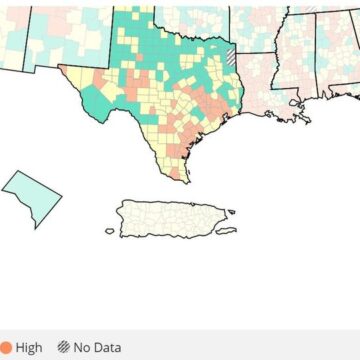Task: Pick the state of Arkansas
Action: click(x=260, y=30)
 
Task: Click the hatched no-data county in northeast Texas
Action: click(x=232, y=57)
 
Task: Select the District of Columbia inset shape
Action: click(x=30, y=195)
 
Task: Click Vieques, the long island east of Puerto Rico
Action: click(x=227, y=232)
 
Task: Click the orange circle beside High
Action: click(x=4, y=347)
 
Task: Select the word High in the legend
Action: click(x=29, y=347)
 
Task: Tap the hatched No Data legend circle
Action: click(x=67, y=347)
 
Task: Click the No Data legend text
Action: click(x=100, y=347)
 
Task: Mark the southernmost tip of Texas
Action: click(x=187, y=181)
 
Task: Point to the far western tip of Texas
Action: click(x=60, y=68)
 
